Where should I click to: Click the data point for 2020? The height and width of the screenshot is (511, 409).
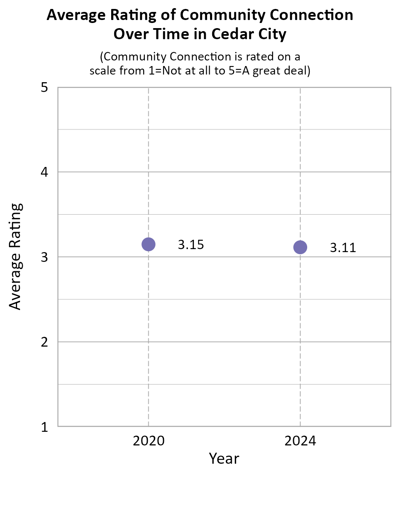148,244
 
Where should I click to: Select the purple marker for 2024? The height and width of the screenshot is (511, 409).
300,247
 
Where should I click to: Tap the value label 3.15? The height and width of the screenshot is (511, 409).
191,245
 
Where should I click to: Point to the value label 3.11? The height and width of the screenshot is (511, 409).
343,248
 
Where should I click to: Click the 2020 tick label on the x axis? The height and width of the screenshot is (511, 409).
149,441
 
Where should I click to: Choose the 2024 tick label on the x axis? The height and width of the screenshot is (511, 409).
300,441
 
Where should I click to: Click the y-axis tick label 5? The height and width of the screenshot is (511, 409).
44,88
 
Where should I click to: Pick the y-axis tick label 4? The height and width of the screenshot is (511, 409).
44,172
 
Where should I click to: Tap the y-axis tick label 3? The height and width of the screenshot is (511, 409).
44,257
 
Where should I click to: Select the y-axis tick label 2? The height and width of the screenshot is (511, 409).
44,342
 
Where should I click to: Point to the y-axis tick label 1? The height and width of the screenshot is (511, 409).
44,427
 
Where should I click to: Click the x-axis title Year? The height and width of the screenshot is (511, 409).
224,459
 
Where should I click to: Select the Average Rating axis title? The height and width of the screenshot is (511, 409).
15,256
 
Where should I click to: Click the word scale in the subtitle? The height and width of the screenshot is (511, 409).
103,71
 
